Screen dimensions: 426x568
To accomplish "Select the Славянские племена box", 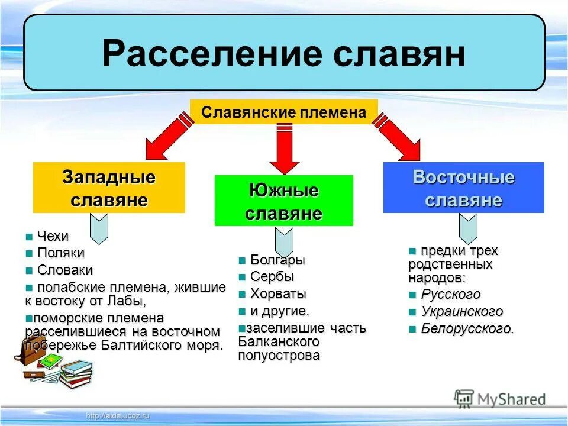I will [x=283, y=112].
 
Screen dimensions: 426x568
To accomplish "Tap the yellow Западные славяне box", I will [x=109, y=188].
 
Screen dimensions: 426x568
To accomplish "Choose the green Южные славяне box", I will [x=283, y=201].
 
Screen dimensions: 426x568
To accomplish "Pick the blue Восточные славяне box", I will [x=463, y=188].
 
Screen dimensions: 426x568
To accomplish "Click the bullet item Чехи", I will [x=53, y=237].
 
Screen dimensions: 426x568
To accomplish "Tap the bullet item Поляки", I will [x=60, y=253].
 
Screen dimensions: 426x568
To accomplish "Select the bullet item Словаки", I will [x=64, y=270].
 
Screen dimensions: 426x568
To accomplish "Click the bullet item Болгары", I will [x=277, y=260].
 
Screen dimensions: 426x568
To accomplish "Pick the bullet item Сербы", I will [x=272, y=277].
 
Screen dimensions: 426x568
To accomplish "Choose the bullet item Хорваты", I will [x=278, y=294].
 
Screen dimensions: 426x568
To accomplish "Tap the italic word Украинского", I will [x=462, y=312].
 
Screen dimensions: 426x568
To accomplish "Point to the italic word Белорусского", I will [x=467, y=329].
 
